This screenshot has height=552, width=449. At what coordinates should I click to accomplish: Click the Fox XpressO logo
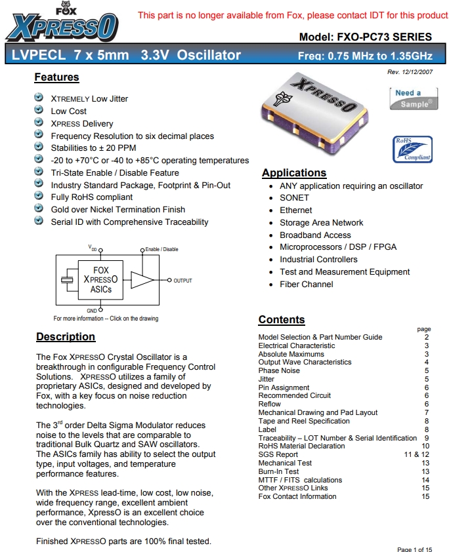62,24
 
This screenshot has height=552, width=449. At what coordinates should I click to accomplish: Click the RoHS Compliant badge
413,149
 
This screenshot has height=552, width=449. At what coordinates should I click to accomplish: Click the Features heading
56,77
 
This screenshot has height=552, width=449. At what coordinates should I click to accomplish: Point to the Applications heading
293,173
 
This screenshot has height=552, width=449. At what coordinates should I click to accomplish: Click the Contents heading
282,320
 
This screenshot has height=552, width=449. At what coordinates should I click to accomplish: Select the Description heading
66,337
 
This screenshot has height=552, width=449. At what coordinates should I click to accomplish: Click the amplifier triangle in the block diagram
142,280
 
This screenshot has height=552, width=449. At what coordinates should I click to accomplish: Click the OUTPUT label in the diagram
182,281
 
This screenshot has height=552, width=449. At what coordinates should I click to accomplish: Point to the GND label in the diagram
92,309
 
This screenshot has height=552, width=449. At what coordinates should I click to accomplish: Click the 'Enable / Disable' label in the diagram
161,249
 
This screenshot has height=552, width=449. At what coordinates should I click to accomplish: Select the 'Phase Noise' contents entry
278,370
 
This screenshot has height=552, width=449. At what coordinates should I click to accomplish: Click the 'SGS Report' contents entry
278,454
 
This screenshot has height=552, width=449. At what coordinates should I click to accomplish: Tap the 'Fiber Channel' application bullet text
306,285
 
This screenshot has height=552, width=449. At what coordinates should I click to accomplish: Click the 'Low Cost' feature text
69,111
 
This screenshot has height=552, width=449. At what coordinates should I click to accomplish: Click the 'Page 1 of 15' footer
415,549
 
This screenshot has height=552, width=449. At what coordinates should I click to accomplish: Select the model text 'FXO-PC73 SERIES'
384,37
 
